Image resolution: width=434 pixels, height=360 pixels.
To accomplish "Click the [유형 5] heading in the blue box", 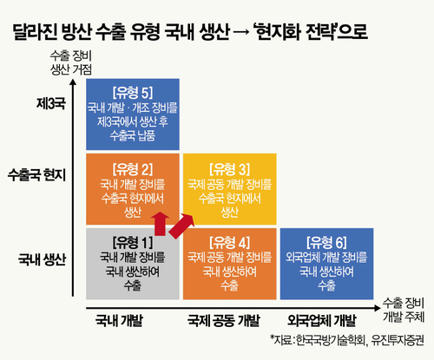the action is (133, 93).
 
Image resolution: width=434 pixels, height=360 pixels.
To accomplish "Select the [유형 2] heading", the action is (133, 169).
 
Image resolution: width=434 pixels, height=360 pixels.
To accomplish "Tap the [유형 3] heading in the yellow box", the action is (230, 169).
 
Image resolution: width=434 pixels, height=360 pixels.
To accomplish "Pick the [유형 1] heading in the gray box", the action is (133, 242).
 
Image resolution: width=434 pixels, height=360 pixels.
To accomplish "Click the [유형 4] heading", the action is (230, 242).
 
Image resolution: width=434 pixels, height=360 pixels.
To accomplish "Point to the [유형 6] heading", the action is (326, 242).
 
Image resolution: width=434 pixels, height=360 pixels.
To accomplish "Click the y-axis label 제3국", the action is (51, 103).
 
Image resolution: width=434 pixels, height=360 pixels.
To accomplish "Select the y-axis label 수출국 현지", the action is (37, 174).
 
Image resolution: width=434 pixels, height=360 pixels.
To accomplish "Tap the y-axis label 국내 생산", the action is (43, 259).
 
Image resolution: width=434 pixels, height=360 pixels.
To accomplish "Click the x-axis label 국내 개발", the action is (119, 320).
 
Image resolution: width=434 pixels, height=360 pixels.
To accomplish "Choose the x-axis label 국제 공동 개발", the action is (224, 320).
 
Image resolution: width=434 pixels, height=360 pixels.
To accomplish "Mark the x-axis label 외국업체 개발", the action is (321, 320).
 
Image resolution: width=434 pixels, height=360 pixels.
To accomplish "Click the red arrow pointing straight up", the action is (161, 224).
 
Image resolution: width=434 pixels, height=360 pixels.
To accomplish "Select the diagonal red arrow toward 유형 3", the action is (181, 226).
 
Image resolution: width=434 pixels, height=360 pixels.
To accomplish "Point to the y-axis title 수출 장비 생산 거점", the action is (71, 62).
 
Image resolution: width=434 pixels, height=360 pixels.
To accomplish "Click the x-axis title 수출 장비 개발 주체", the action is (404, 310).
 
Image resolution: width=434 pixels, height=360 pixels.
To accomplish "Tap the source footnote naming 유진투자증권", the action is (347, 340).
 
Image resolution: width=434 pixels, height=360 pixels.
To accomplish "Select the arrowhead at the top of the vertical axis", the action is (73, 82).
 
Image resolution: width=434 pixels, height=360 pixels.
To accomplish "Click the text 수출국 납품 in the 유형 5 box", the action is (133, 135).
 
